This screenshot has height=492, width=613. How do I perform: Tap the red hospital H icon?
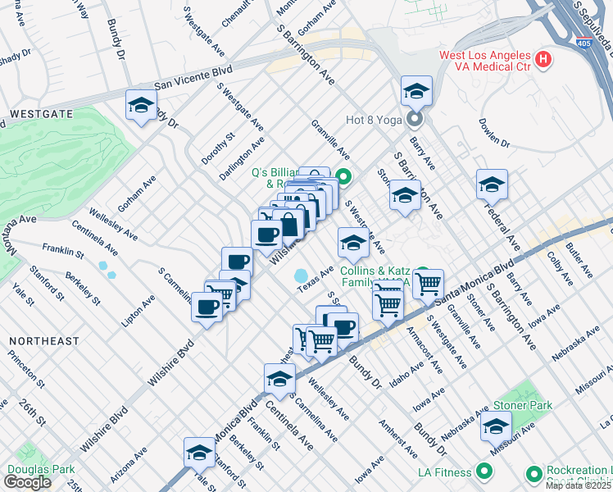[x=543, y=59]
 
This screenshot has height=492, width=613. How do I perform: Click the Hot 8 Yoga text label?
[x=374, y=120]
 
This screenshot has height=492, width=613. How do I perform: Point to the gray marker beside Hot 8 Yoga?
[x=414, y=120]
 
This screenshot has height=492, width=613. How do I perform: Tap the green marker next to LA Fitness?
[x=484, y=471]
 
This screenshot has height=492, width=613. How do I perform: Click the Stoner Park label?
[x=522, y=405]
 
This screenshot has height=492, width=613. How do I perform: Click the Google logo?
[x=27, y=482]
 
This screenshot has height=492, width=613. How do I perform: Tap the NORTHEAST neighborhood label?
[x=44, y=340]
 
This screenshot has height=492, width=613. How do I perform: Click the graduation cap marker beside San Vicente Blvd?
[x=141, y=106]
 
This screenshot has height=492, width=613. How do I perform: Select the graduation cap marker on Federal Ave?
[x=492, y=184]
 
